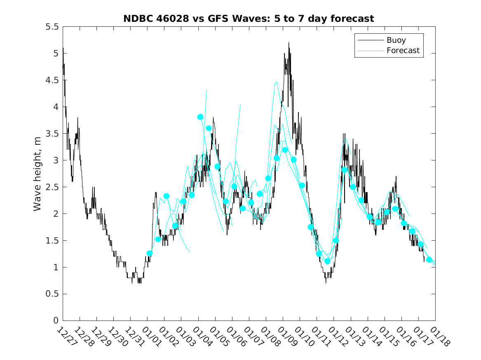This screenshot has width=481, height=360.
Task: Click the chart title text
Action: pos(249,19)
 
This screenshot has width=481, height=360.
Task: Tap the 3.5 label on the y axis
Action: pos(52,134)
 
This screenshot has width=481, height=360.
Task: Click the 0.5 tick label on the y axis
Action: pos(52,294)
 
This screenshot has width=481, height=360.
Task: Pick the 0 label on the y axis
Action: pos(56,321)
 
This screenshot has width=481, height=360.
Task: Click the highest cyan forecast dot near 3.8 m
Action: pos(200,117)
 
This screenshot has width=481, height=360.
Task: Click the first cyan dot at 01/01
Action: pos(150,253)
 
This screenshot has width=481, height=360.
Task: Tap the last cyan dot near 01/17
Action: pos(429,260)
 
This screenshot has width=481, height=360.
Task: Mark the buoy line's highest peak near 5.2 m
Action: pos(289,43)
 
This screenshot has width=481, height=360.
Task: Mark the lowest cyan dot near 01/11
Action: pos(328,261)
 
